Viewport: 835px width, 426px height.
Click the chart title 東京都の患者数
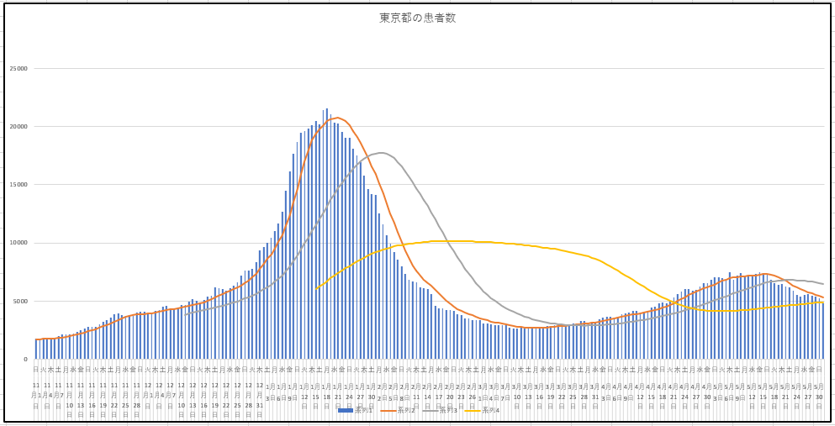[417, 18]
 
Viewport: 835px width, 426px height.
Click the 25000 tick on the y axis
[18, 69]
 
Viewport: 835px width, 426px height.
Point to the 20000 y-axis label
[18, 127]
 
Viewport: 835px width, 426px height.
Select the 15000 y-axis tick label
[18, 185]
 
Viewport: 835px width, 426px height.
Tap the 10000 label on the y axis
[18, 243]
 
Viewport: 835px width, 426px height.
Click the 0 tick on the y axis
[25, 359]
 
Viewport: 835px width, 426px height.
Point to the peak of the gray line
[381, 153]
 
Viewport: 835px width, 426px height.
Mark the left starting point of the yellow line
[316, 288]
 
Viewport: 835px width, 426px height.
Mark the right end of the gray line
[823, 284]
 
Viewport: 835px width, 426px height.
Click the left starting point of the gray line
[186, 313]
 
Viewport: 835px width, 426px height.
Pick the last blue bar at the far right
[822, 330]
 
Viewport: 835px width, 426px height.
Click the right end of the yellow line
[823, 302]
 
